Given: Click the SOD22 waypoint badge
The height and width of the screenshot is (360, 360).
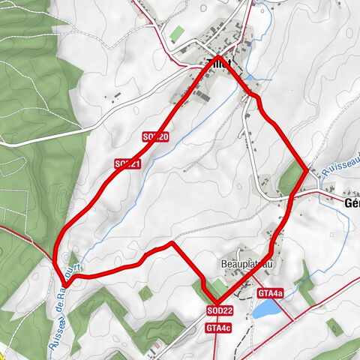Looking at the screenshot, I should (220, 310).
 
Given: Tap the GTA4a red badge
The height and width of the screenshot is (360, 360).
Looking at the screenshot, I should (269, 292).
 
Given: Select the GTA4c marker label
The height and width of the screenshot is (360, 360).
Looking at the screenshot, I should (217, 328).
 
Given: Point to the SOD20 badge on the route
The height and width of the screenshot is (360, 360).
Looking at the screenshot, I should (155, 136).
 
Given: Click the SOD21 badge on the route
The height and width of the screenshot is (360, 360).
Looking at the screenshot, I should (127, 163).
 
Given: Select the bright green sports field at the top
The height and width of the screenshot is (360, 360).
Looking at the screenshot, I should (177, 34).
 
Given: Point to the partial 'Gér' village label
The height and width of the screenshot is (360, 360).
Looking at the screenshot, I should (351, 202).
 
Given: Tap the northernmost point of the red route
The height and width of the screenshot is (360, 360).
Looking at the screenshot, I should (218, 56).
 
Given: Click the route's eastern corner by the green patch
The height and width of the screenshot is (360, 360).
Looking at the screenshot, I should (305, 169).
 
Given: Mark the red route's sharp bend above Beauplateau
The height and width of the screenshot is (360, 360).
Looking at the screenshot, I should (172, 243).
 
